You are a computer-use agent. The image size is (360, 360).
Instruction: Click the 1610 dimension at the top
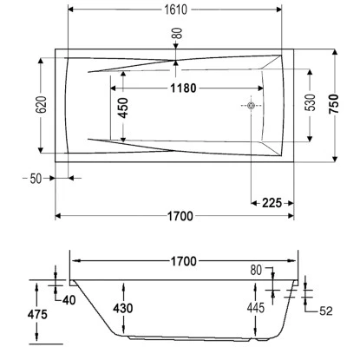174,10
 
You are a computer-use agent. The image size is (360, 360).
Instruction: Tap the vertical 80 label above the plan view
178,36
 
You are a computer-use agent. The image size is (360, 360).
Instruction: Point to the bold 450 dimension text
123,108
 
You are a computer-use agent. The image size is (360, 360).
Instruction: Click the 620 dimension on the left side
28,108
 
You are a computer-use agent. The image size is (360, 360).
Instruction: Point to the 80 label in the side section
255,270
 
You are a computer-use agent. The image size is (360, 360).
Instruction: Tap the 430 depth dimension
123,308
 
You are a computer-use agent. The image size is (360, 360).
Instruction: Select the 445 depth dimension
255,309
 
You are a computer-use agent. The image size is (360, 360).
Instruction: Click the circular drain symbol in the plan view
251,107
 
